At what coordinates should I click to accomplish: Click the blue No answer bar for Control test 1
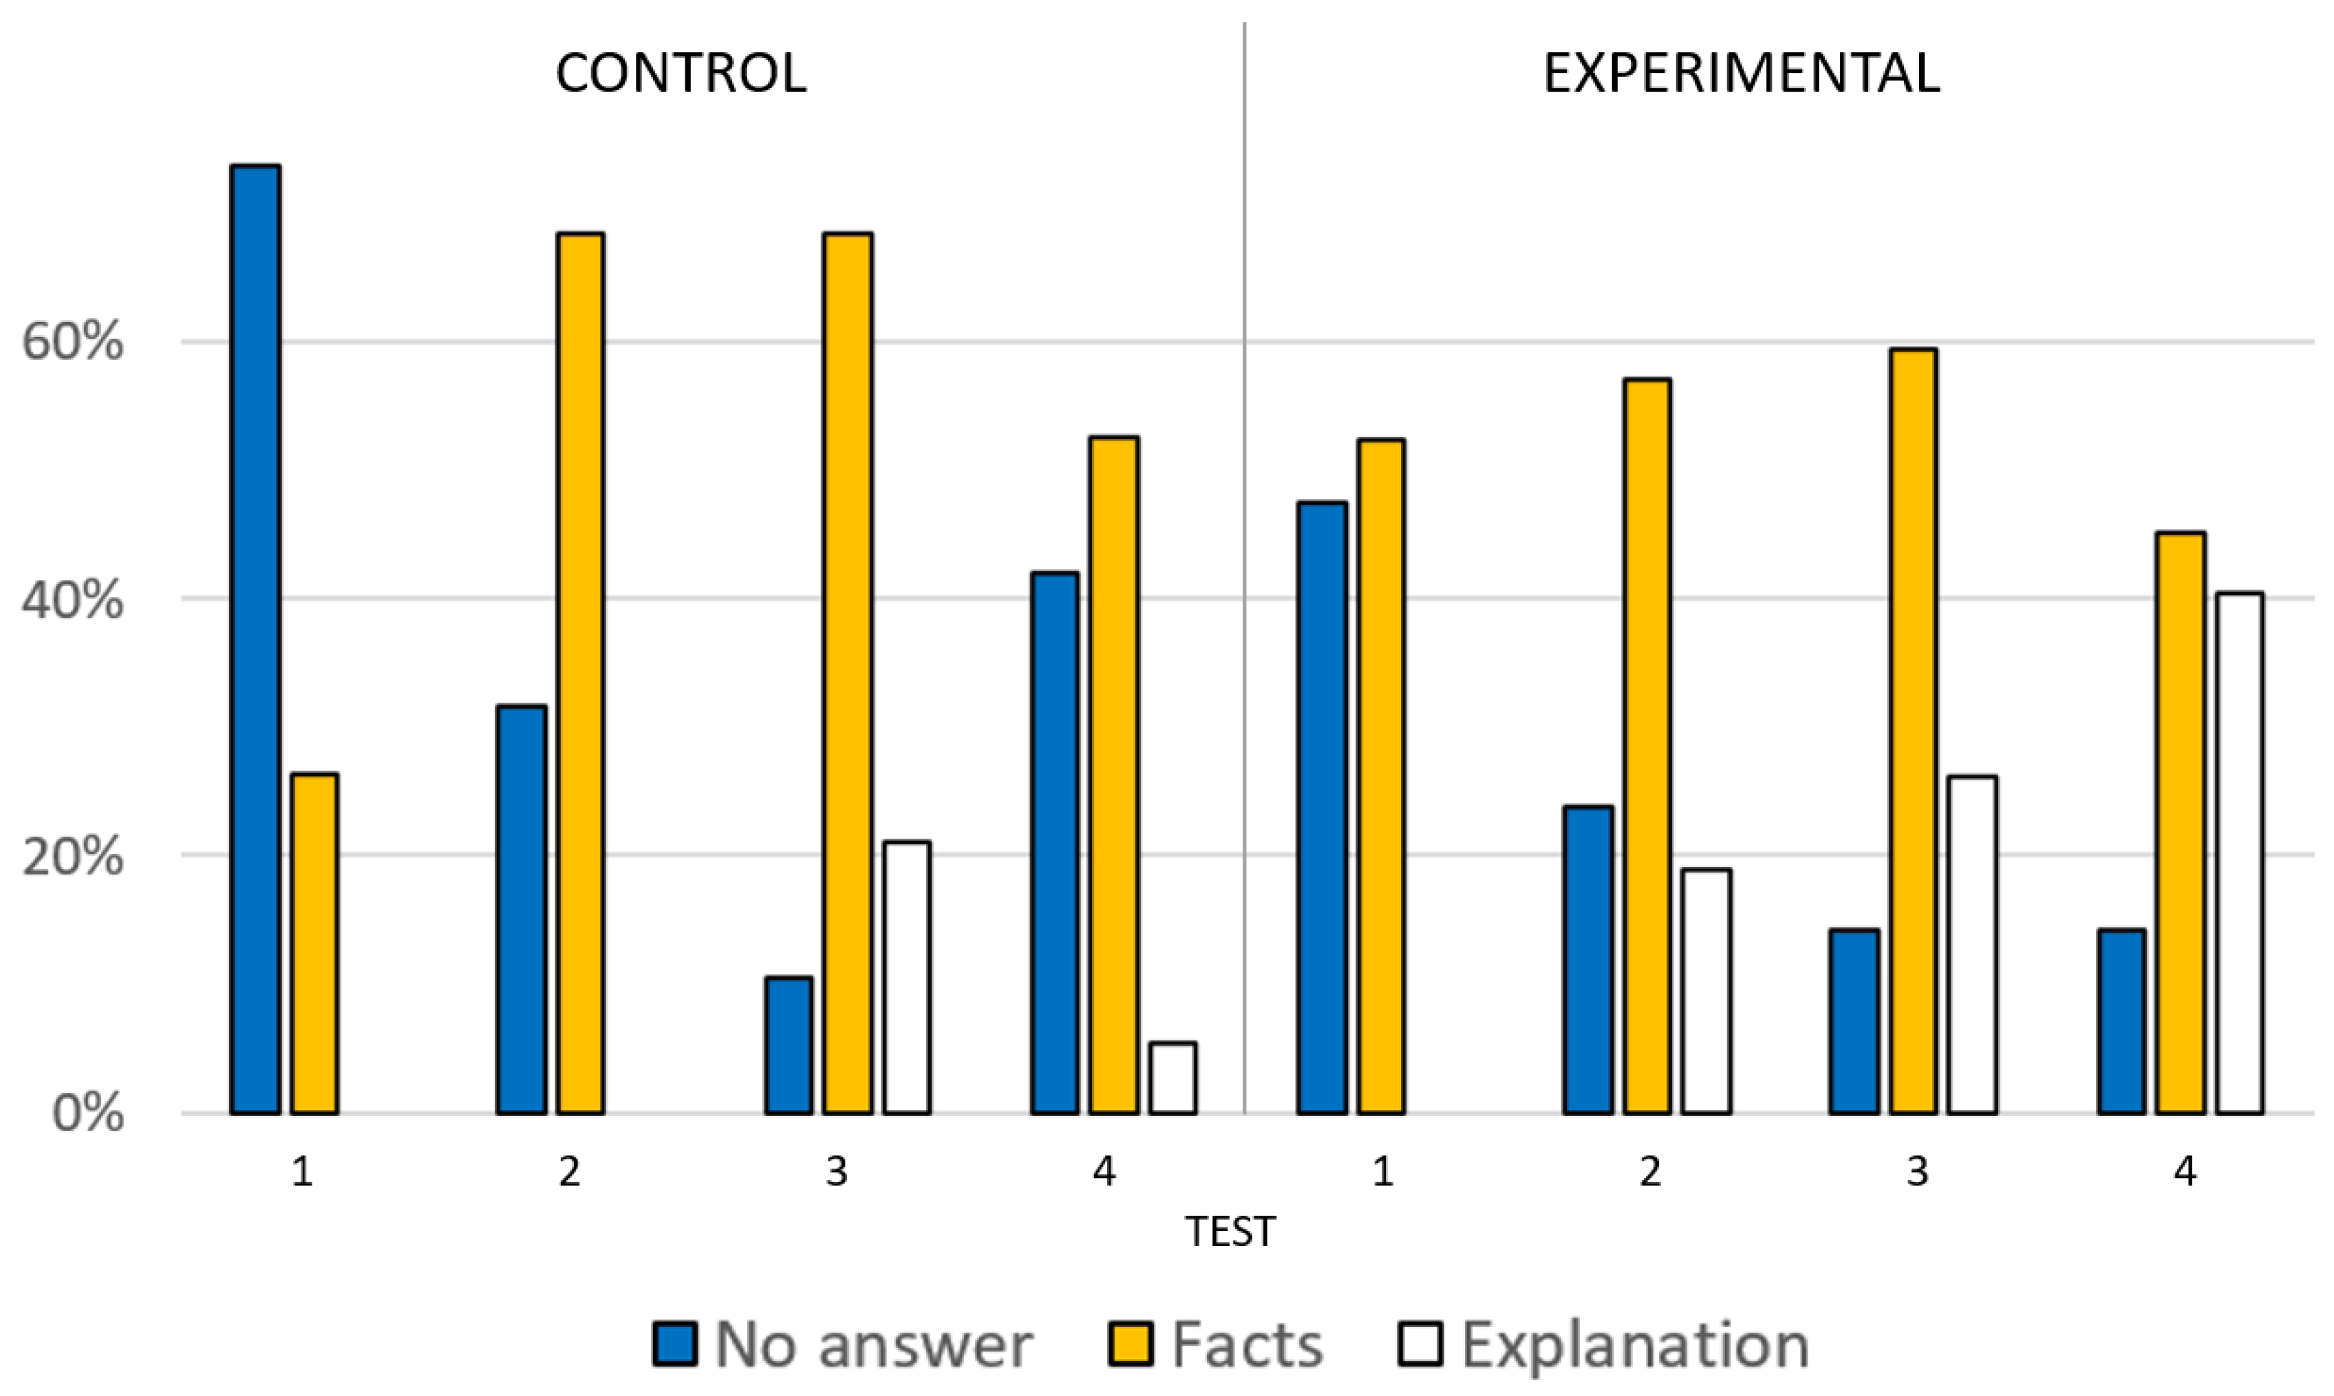[x=256, y=640]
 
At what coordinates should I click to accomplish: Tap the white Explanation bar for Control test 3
[x=907, y=978]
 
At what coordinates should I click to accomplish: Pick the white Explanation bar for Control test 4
[x=1173, y=1078]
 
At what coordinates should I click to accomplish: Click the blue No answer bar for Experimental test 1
[x=1322, y=808]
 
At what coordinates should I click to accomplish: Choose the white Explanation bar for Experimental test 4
[x=2240, y=853]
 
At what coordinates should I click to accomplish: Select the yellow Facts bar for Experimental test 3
[x=1912, y=731]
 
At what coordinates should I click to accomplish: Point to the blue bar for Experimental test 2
[x=1589, y=960]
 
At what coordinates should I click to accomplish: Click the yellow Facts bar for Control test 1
[x=314, y=943]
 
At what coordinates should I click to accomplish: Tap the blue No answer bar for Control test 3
[x=789, y=1046]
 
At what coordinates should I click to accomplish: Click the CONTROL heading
[x=681, y=72]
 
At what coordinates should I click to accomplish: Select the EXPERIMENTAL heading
[x=1742, y=72]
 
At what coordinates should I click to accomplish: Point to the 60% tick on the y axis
[x=72, y=341]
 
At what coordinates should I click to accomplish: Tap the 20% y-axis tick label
[x=72, y=856]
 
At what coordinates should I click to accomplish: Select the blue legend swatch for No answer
[x=674, y=1343]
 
